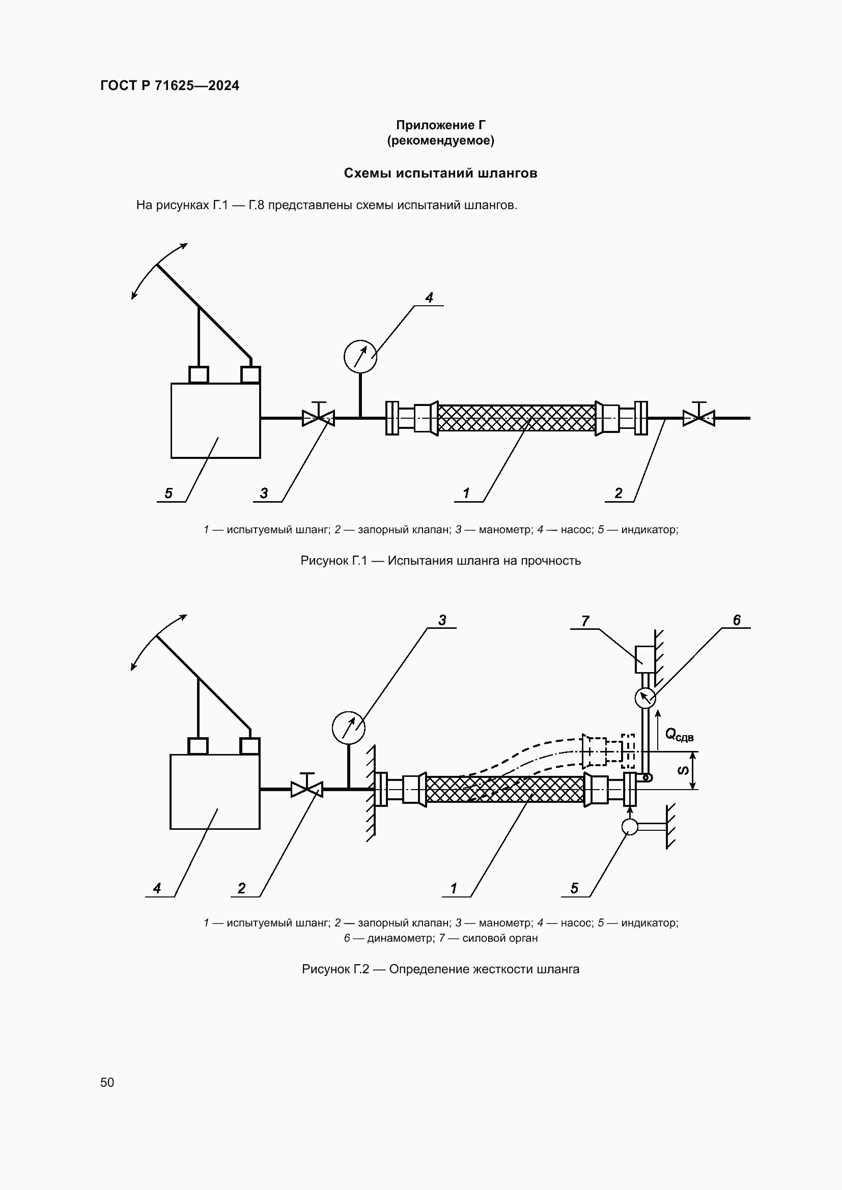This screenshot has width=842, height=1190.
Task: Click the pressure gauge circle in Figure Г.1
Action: coord(360,357)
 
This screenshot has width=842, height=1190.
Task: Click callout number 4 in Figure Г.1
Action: coord(429,298)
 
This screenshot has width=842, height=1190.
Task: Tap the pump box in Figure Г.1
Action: coord(215,420)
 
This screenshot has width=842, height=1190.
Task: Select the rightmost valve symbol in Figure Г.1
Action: coord(698,418)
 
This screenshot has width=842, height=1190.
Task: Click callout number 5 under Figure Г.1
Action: coord(169,493)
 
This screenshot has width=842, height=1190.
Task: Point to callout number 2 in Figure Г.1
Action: coord(618,493)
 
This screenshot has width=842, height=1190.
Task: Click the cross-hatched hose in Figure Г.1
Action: coord(516,418)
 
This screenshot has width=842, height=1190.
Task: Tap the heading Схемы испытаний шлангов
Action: coord(440,173)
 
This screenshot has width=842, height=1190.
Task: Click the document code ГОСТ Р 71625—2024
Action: coord(170,85)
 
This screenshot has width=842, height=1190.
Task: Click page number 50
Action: coord(107,1082)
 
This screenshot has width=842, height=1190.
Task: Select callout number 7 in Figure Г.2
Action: coord(585,621)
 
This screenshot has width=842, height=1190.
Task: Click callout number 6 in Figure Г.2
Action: coord(736,620)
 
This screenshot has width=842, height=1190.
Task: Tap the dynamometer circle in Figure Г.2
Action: coord(645,698)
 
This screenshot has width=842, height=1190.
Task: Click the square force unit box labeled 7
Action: coord(644,659)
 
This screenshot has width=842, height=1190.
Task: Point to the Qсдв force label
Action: coord(679,735)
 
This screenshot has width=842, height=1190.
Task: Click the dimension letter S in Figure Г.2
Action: coord(684,771)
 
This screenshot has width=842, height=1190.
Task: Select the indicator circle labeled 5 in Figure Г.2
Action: coord(629,826)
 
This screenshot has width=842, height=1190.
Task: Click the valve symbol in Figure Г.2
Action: coord(307,790)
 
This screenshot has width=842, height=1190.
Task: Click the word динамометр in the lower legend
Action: coord(400,938)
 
